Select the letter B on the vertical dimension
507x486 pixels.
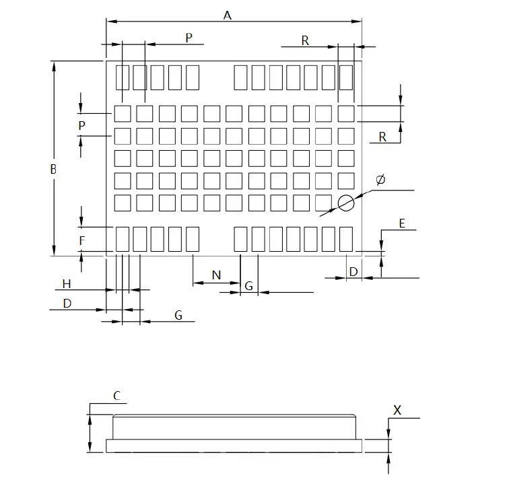coord(53,170)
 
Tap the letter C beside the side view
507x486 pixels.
coord(116,396)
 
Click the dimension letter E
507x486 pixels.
coord(402,223)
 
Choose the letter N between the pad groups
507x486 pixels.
coord(216,275)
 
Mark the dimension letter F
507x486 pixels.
coord(82,240)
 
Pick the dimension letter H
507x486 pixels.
coord(67,283)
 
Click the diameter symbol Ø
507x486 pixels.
coord(380,180)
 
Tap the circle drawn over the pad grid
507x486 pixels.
coord(346,203)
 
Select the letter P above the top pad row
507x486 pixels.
coord(189,38)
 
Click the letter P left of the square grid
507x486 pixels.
coord(81,126)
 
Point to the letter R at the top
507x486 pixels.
coord(305,41)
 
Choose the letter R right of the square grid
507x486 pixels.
coord(382,137)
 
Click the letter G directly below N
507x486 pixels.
coord(248,286)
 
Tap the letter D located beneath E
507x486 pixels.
coord(353,271)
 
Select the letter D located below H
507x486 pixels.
coord(67,304)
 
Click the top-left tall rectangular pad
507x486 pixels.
coord(123,77)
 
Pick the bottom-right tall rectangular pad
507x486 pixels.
coord(346,239)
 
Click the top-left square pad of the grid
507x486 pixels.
coord(123,113)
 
